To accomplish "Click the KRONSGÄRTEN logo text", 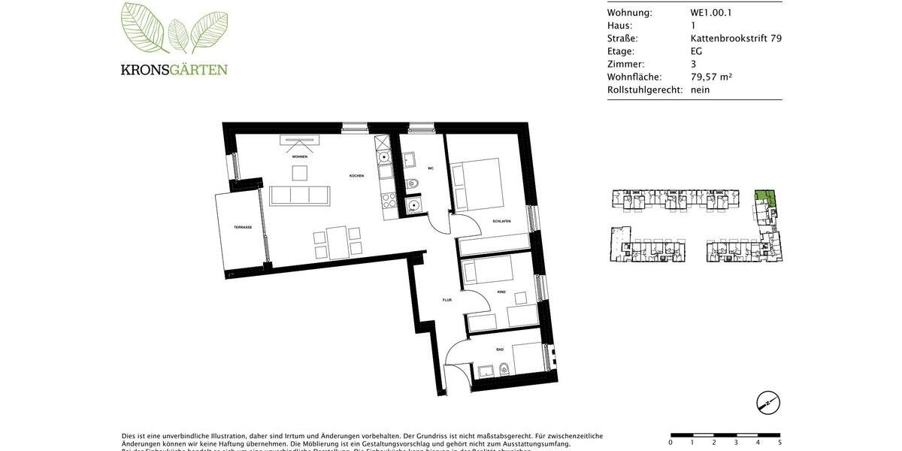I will click(174, 70).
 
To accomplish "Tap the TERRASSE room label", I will click(242, 227).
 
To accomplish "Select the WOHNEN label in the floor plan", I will click(300, 156).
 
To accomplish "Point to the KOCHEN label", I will click(356, 176).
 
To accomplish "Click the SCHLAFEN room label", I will click(501, 221).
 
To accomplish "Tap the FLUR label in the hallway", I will click(446, 300).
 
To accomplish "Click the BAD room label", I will click(500, 350).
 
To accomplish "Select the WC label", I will click(431, 168).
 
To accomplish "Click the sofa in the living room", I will click(300, 195).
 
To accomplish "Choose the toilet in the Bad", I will click(504, 368).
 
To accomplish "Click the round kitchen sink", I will click(384, 157).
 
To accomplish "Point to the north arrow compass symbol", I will click(767, 403).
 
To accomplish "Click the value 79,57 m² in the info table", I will click(711, 77).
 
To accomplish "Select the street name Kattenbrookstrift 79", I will click(736, 38).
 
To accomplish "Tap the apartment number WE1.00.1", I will click(710, 13).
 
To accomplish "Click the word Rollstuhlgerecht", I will click(645, 89).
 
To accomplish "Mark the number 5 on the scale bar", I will click(779, 442).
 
